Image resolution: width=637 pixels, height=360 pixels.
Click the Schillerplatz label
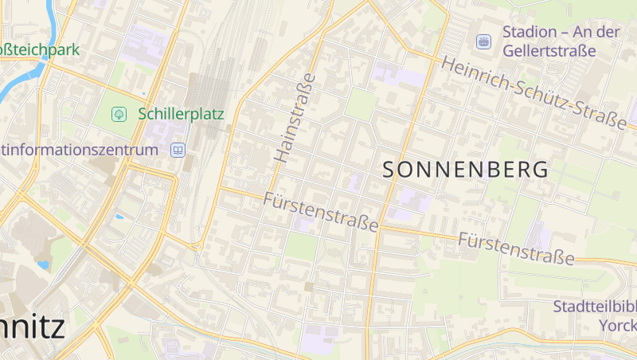point(181,114)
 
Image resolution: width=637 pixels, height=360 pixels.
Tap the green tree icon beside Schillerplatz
point(119,115)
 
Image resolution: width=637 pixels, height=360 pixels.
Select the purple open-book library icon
point(178,149)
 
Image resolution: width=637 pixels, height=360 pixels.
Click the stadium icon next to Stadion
point(483,41)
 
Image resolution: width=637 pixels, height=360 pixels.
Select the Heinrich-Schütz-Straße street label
point(533,92)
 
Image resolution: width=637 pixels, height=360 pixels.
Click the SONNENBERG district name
point(466,170)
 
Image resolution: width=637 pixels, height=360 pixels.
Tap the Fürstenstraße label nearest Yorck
point(516,248)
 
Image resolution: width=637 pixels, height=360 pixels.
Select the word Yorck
point(619,326)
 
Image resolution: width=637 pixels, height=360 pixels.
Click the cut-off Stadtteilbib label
point(595,307)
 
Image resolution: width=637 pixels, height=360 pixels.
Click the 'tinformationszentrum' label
point(79,150)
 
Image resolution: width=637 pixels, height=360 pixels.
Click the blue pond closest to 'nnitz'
point(43,264)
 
